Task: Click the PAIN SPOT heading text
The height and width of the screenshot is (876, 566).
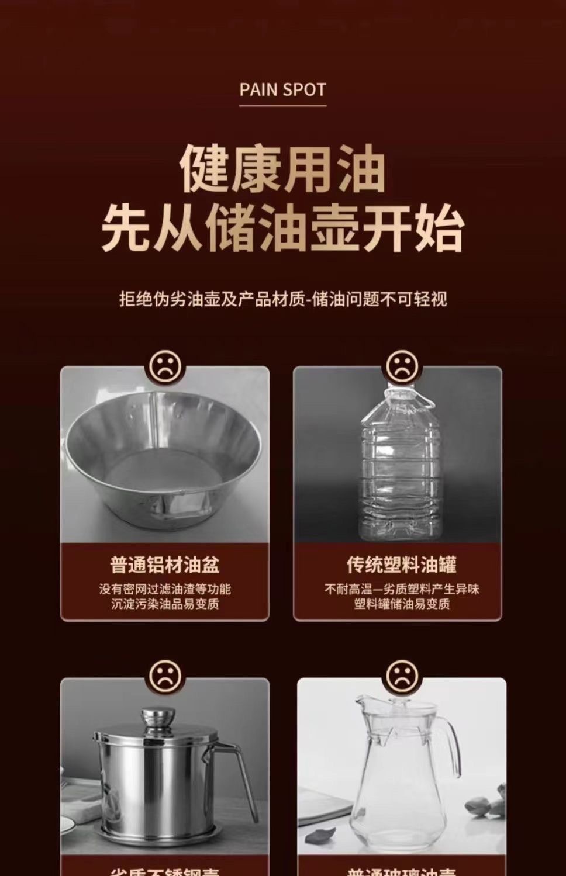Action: [x=282, y=90]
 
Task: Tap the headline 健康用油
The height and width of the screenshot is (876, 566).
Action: [x=282, y=169]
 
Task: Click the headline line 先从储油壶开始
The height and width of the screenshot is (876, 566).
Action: [x=282, y=228]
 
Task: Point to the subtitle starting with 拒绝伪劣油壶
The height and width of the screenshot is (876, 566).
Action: [x=283, y=299]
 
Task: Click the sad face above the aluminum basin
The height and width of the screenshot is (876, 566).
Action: [x=165, y=366]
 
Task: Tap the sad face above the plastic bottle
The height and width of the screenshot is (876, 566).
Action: [x=401, y=366]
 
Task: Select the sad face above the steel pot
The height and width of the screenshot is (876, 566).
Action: [x=165, y=677]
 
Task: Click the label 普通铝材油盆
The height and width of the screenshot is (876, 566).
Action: [x=165, y=565]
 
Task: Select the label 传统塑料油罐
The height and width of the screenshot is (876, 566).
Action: [x=401, y=565]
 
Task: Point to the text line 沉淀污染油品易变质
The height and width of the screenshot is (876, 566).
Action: [x=165, y=604]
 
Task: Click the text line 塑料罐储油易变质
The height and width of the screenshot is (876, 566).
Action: [x=401, y=604]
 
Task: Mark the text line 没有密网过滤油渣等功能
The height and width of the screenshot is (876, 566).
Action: [x=165, y=589]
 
